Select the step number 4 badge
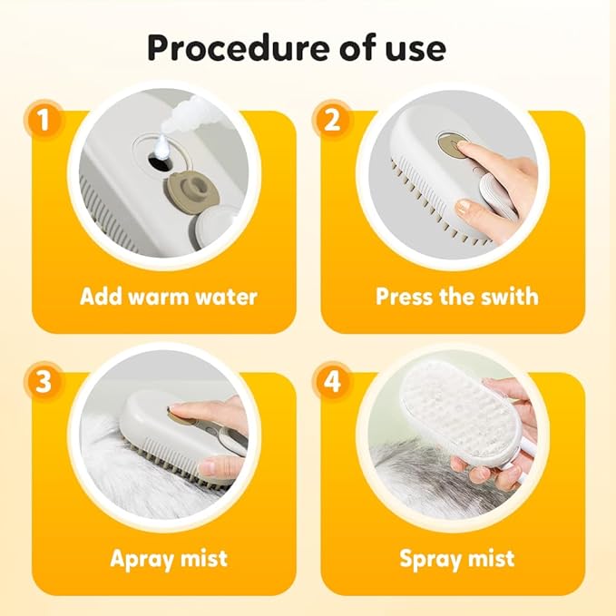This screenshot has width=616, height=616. (333, 383)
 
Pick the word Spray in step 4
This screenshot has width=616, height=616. (430, 558)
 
